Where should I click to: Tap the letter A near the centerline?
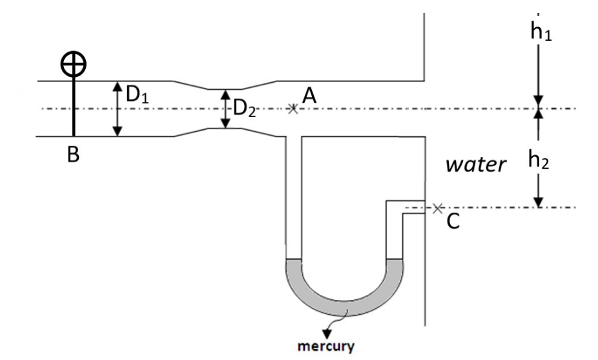[309, 96]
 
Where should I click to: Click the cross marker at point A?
[293, 109]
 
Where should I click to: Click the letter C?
[453, 222]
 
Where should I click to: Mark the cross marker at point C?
[438, 207]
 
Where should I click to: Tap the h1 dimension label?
[540, 32]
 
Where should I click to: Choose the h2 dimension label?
[540, 160]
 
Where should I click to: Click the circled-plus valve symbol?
[73, 63]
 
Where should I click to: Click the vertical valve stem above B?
[74, 103]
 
